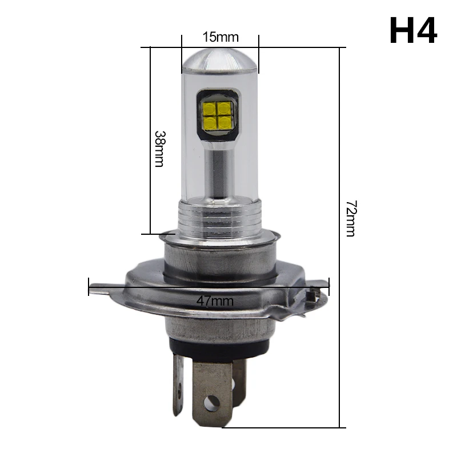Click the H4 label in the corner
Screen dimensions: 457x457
[413, 30]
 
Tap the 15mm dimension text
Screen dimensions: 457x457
[221, 37]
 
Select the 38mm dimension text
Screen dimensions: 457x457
[159, 149]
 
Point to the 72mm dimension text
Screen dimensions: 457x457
[351, 218]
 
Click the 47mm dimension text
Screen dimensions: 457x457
[215, 301]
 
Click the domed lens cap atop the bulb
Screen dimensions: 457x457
[220, 61]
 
